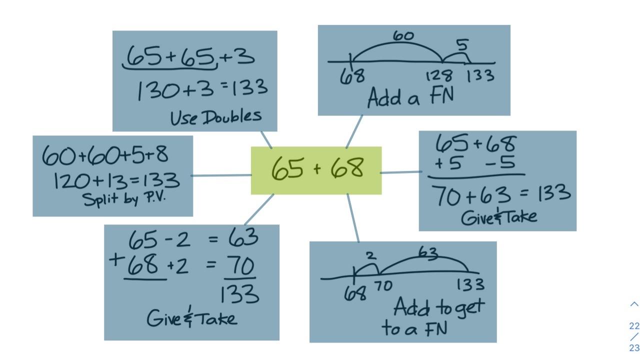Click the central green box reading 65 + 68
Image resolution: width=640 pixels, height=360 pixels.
316,170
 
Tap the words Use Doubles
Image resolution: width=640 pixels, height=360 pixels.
215,117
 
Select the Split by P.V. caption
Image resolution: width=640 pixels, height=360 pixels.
123,198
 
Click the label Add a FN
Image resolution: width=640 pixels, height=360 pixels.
410,97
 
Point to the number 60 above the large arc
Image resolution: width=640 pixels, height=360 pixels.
403,36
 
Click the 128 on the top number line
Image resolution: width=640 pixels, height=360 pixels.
439,76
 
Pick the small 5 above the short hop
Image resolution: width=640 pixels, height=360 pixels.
462,45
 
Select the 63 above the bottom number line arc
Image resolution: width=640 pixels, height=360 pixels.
428,253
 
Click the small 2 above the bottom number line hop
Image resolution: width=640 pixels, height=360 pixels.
370,256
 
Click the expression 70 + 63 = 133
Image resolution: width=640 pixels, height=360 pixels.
502,195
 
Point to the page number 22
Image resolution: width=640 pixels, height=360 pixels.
634,326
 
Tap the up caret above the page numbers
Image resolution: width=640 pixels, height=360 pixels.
634,304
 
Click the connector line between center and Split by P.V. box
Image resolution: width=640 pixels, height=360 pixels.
221,175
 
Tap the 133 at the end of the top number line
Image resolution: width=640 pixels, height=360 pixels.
480,76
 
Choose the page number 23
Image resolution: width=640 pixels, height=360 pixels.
634,348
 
